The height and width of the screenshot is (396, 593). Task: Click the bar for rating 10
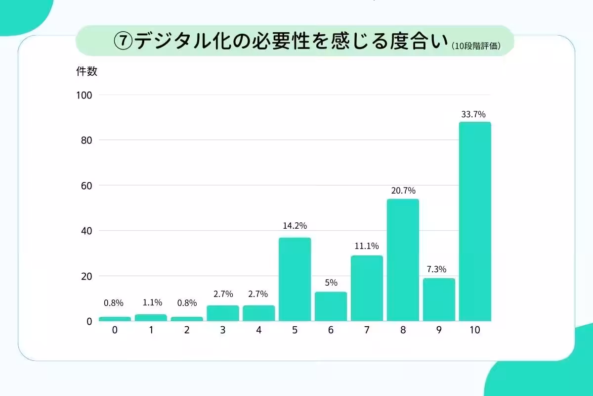click(475, 221)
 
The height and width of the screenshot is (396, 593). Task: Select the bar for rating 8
click(403, 260)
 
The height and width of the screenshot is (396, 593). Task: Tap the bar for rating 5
click(295, 279)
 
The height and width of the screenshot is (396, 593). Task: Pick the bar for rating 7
click(367, 288)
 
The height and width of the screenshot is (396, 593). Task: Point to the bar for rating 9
click(439, 299)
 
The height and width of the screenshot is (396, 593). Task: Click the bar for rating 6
click(331, 306)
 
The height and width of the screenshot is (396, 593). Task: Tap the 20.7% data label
click(403, 191)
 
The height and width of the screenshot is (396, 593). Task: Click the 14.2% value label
click(295, 226)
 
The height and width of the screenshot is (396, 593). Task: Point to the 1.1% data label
click(151, 303)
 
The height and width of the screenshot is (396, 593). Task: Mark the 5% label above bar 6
click(331, 283)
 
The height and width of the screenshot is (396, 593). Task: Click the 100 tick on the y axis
click(85, 95)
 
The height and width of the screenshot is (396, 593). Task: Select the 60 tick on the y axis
click(86, 186)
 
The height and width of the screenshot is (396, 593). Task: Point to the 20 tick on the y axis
click(86, 276)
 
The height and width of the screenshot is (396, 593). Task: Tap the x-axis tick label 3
click(223, 330)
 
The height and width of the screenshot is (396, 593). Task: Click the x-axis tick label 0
click(115, 330)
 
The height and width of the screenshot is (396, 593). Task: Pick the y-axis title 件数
click(86, 71)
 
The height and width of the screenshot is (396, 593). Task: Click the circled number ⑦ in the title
click(124, 41)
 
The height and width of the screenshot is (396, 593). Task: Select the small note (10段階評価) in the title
click(476, 46)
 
